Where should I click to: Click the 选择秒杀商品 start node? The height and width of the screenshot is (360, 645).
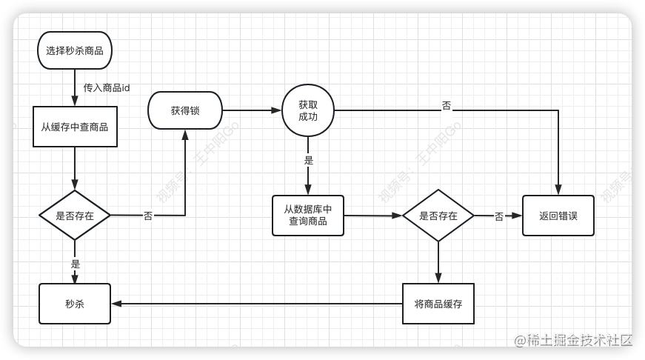(x=74, y=50)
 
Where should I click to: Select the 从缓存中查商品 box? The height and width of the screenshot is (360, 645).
(x=75, y=127)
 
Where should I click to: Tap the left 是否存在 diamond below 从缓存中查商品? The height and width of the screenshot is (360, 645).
(x=75, y=216)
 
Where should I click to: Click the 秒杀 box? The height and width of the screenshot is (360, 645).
(x=75, y=304)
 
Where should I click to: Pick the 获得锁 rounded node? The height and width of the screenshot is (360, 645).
(x=185, y=110)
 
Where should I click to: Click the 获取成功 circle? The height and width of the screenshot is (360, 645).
(x=307, y=110)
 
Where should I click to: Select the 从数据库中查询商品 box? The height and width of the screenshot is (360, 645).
(x=308, y=216)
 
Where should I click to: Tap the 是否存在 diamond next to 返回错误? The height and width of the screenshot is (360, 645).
(x=438, y=216)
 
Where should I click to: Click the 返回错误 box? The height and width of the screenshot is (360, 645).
(x=558, y=216)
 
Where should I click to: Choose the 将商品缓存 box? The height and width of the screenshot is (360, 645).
(x=438, y=304)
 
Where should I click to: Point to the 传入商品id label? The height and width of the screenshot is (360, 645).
(x=107, y=87)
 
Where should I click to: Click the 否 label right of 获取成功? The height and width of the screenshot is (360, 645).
(x=447, y=106)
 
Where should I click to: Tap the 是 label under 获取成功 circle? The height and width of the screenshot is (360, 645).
(x=309, y=160)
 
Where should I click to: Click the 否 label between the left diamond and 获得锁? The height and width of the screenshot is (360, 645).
(x=148, y=216)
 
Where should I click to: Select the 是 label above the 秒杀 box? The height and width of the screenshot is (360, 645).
(x=76, y=264)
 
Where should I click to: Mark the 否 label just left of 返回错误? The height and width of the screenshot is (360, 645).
(x=499, y=216)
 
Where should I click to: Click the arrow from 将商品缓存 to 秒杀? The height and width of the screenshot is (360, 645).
(x=256, y=303)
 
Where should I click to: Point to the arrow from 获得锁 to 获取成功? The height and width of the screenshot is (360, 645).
(x=252, y=110)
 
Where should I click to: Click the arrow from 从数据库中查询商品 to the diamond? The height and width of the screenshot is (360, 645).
(x=373, y=216)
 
